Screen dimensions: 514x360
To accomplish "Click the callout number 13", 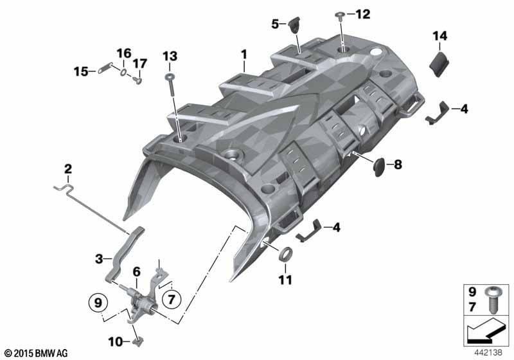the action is [x=170, y=57].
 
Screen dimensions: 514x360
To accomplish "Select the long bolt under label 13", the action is [x=172, y=85].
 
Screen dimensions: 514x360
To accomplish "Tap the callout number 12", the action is [x=362, y=14].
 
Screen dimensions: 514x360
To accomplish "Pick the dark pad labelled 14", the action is [x=439, y=64].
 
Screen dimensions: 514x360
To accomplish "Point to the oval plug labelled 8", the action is [x=380, y=166].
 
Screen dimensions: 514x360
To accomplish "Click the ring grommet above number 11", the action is [x=286, y=255].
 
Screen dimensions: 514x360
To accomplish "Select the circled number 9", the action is [x=98, y=303].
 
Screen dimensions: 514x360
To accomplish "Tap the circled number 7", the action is [x=172, y=299].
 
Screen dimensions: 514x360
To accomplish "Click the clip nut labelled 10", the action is [x=138, y=341].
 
